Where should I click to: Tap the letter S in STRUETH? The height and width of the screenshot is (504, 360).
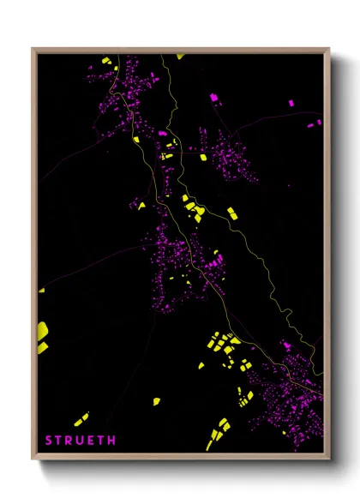(49, 441)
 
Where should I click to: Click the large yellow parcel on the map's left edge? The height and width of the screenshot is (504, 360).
(42, 333)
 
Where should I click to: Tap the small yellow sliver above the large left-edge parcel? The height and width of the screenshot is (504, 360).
(41, 290)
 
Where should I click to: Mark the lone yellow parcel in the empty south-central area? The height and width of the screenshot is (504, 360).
(157, 400)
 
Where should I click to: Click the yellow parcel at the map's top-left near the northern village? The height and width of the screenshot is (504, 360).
(107, 61)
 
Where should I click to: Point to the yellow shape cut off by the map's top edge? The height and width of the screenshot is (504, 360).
(180, 57)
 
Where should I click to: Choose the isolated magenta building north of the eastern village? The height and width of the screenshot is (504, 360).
(213, 98)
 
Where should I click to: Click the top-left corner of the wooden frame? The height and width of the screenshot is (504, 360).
(33, 49)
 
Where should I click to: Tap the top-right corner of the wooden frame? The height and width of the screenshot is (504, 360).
(329, 49)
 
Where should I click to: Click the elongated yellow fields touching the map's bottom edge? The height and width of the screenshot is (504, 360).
(217, 433)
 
